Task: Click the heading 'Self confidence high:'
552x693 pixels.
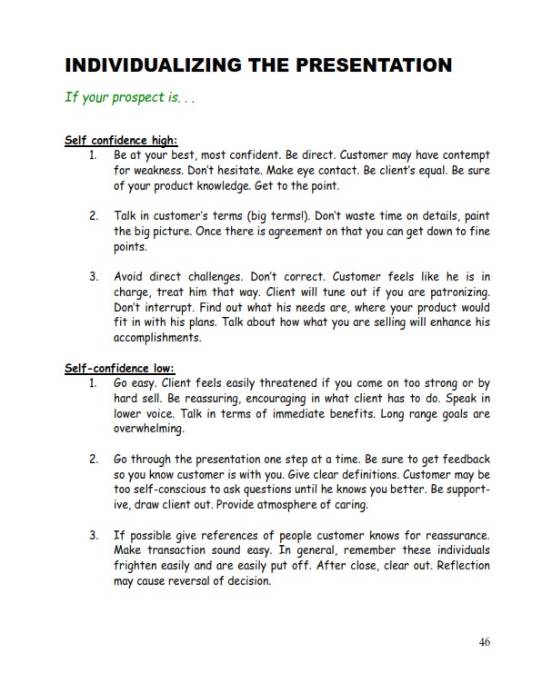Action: click(x=121, y=141)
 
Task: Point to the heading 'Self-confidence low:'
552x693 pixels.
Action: click(x=119, y=369)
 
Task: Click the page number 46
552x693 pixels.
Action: click(x=484, y=642)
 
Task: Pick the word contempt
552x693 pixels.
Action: click(x=464, y=156)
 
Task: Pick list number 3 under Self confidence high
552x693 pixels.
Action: click(x=94, y=276)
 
